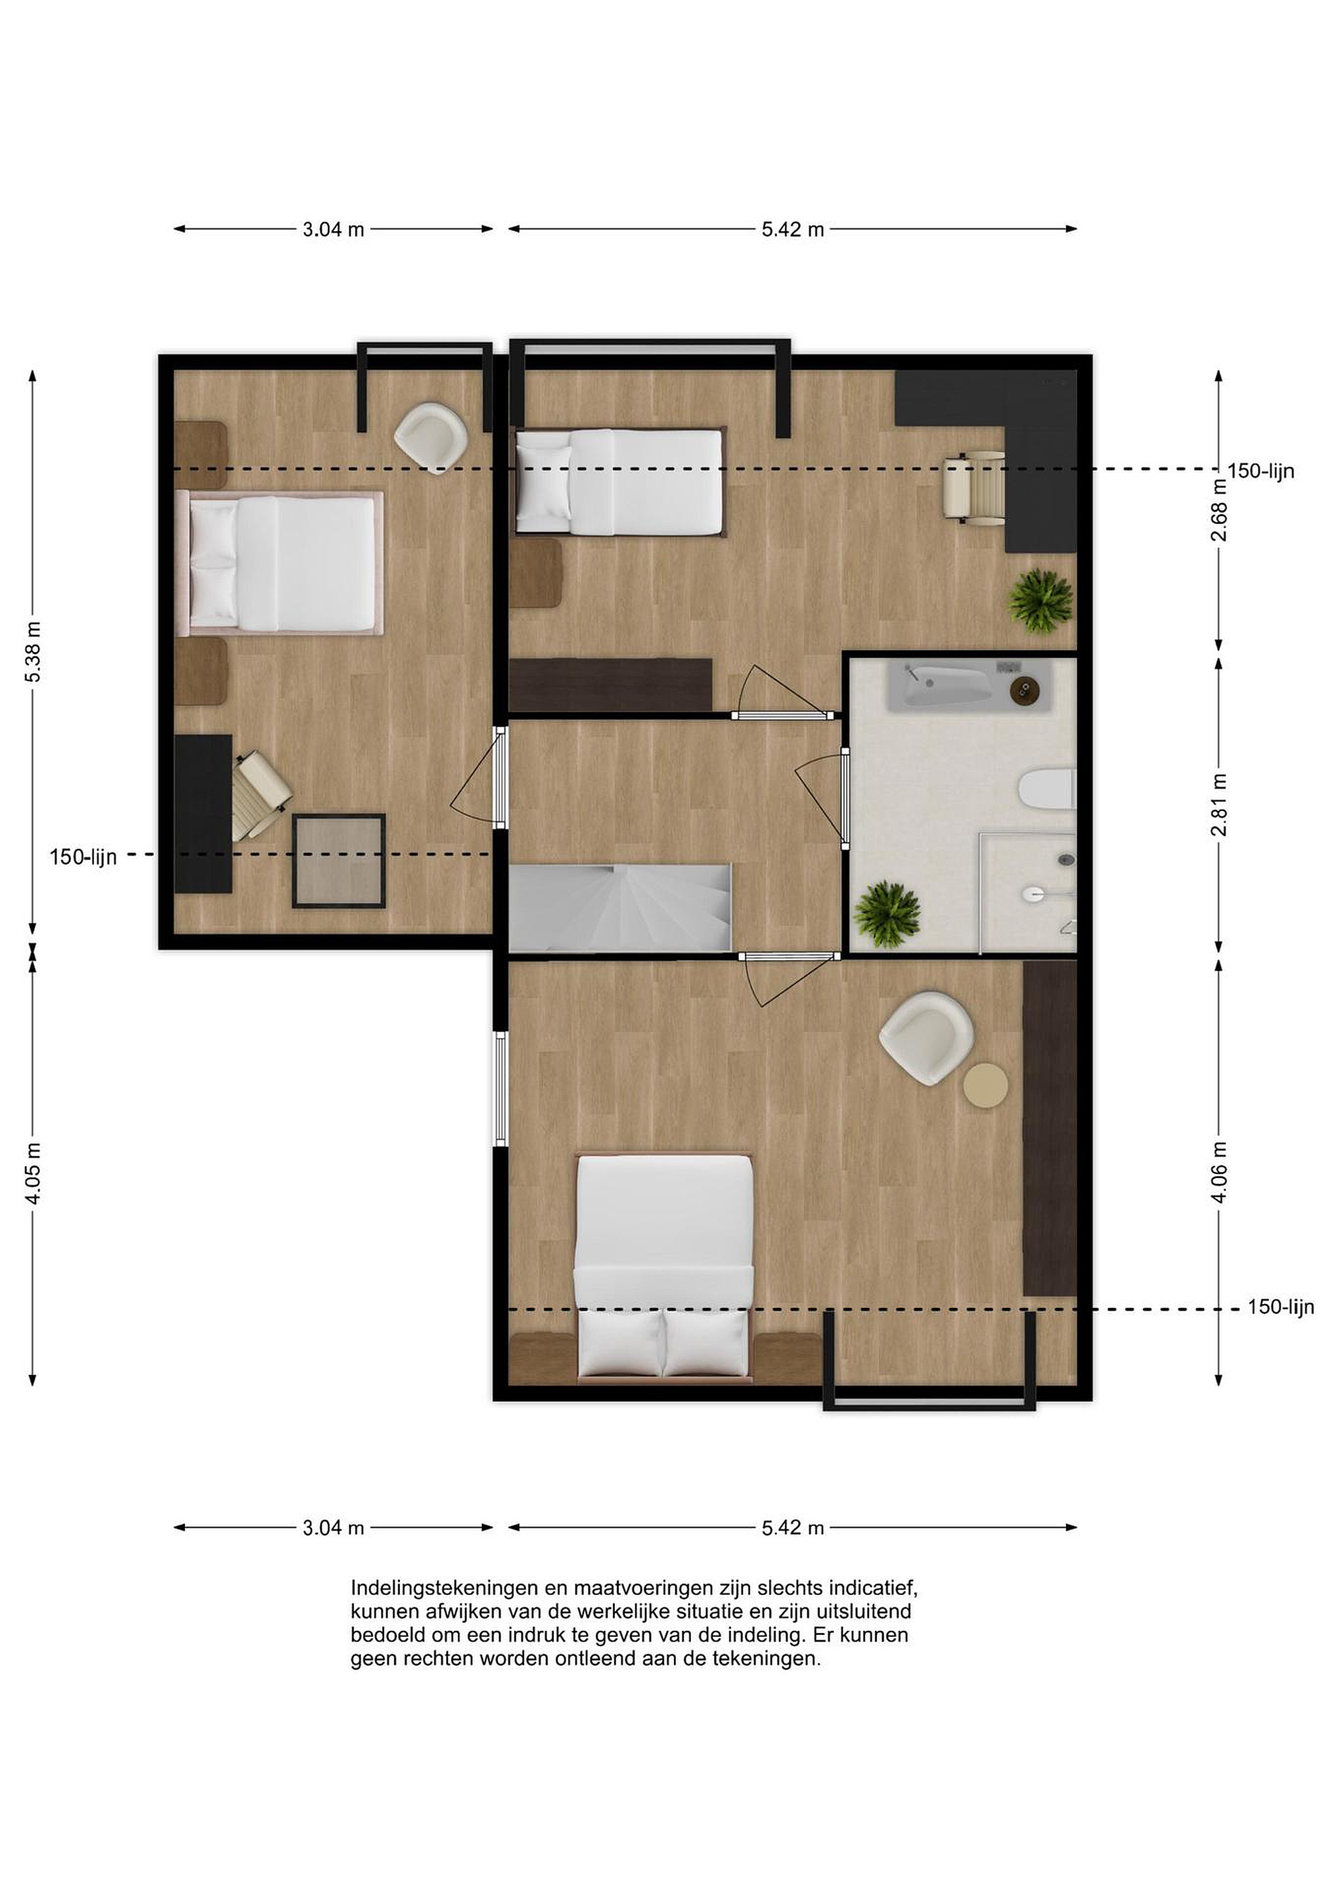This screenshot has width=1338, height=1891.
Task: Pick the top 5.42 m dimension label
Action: click(x=793, y=230)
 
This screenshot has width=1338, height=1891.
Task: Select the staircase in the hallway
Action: click(x=620, y=907)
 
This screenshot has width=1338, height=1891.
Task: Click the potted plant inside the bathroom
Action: click(x=887, y=914)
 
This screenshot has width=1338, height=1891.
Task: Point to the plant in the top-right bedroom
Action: click(x=1040, y=601)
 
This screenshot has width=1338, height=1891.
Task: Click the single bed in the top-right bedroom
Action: click(x=619, y=482)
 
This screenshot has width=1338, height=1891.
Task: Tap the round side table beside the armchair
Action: click(x=985, y=1085)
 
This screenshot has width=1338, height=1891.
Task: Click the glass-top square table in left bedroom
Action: click(x=339, y=861)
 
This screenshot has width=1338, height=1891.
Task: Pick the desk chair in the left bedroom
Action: click(x=261, y=796)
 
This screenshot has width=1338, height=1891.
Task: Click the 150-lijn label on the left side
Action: click(x=83, y=857)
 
